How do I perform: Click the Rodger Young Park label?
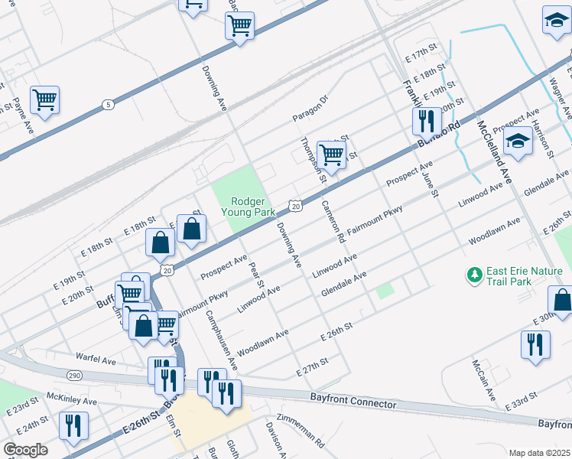243,206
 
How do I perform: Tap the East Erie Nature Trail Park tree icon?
475,273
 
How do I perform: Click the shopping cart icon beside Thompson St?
331,153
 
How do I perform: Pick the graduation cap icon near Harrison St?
518,141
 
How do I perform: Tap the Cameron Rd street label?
333,221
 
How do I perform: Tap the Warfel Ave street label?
96,358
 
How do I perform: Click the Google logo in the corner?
25,450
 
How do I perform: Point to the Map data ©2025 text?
539,453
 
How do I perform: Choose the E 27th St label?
312,365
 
